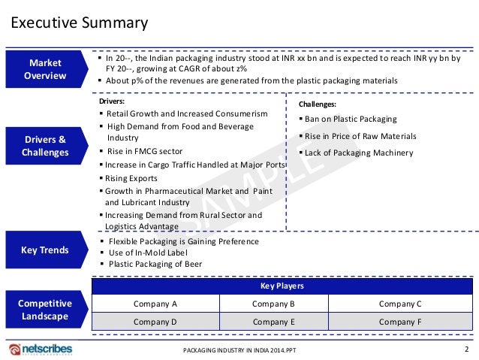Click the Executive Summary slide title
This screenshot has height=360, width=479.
tap(79, 23)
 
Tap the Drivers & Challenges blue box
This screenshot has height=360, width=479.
tap(45, 146)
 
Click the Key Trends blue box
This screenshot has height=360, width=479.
tap(45, 250)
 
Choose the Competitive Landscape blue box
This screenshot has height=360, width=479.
tap(45, 310)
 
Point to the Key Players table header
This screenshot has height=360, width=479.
tap(282, 286)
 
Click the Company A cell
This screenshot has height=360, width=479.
tap(155, 304)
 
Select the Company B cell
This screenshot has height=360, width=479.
tap(273, 304)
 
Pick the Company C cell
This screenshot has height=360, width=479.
tap(400, 304)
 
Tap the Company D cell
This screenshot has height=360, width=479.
tap(155, 321)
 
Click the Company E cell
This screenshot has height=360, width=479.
tap(273, 321)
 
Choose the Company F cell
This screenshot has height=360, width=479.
tap(400, 321)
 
